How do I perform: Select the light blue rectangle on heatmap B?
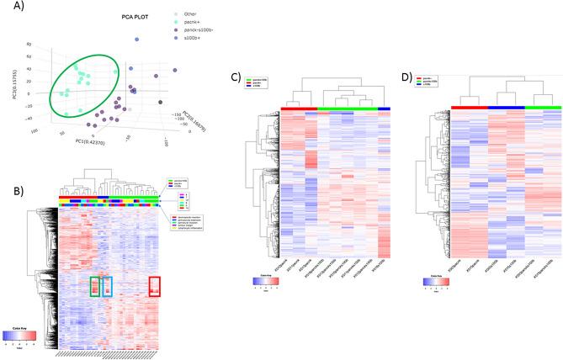click(x=107, y=286)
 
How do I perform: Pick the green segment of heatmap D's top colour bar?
click(x=542, y=107)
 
